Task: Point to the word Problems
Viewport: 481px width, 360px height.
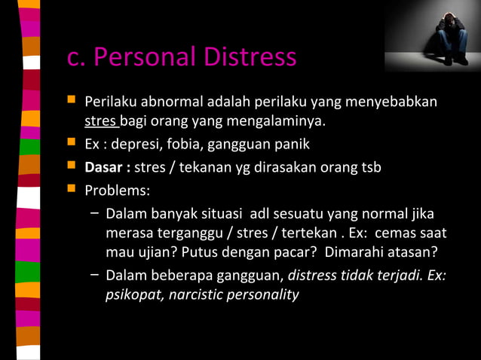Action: [x=117, y=189]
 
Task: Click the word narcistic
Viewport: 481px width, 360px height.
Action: [x=196, y=294]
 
